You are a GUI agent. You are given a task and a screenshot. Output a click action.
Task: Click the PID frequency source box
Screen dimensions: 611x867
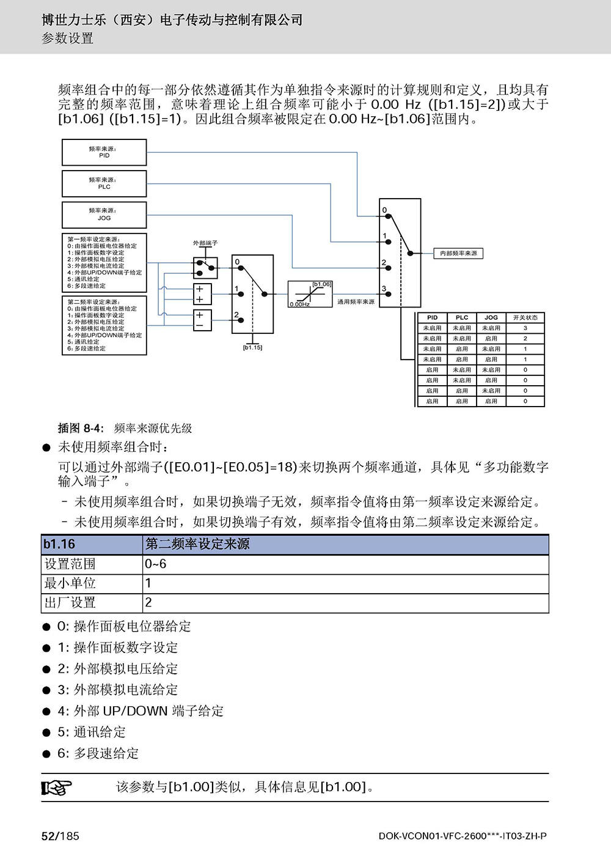104,152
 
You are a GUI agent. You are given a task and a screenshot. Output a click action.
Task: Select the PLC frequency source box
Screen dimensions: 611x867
104,184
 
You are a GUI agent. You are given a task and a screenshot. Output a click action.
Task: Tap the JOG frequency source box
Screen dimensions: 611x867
104,215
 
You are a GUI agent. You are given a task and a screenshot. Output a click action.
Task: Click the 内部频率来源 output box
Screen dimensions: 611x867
458,254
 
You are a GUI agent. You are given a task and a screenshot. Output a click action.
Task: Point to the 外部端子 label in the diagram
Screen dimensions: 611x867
205,243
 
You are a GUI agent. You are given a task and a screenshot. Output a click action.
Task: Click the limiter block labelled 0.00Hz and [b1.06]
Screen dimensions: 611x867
310,294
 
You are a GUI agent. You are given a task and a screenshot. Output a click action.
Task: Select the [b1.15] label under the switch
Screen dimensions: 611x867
252,347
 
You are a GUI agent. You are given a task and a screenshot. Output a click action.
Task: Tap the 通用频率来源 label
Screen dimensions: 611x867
356,301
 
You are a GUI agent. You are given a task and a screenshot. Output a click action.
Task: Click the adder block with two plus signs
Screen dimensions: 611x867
202,294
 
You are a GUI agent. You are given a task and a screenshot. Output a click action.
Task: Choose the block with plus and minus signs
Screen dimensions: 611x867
202,320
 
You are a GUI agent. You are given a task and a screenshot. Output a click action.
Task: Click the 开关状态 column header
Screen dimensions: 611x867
525,318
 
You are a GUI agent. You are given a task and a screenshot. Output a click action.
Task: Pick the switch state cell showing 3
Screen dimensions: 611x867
525,328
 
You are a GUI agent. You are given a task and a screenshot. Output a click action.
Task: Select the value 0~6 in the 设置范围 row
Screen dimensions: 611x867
155,564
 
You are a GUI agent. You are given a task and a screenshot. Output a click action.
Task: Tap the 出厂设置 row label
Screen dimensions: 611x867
70,603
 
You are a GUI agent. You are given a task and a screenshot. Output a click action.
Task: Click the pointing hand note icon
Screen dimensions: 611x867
56,788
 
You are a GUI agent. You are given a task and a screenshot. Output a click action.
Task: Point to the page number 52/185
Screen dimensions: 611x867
60,836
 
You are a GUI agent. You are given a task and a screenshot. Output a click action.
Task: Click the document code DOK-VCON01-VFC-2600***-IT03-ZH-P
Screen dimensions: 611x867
463,836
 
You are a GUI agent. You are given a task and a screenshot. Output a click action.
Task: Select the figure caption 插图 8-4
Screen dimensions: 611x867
81,428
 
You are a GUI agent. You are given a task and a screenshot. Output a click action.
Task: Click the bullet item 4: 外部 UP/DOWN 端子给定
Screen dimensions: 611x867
141,711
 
